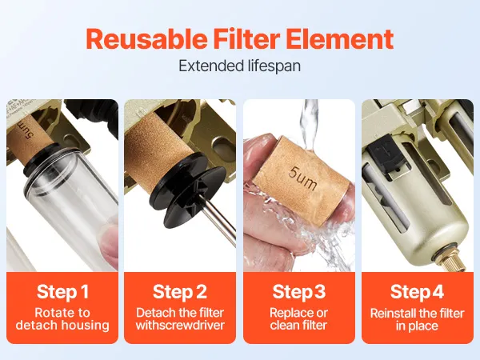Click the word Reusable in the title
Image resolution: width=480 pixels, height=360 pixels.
click(146, 39)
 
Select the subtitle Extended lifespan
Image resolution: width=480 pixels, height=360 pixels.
click(239, 66)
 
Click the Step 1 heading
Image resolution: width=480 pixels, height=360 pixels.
click(62, 292)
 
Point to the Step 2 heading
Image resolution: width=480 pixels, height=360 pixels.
click(180, 292)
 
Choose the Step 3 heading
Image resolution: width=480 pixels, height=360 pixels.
click(299, 292)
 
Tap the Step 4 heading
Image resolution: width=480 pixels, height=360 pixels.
click(417, 292)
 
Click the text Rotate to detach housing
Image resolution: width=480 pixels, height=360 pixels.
click(62, 319)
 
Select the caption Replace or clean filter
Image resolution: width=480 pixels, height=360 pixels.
click(298, 319)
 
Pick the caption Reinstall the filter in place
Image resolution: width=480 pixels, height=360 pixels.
click(418, 319)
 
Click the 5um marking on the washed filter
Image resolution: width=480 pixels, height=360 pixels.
click(302, 178)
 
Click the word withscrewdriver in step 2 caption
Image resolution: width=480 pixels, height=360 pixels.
click(180, 326)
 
